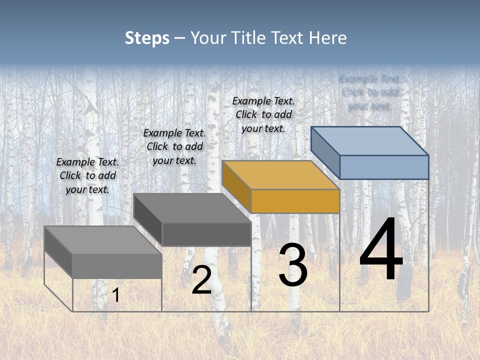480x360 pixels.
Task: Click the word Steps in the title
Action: [146, 38]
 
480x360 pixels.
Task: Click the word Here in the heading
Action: [327, 38]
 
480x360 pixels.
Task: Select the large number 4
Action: [381, 250]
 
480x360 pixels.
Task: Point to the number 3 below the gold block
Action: [292, 265]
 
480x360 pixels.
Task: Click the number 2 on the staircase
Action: [201, 280]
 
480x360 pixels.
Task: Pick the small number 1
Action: [115, 295]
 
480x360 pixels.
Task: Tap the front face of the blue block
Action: [384, 167]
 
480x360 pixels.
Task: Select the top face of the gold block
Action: [280, 175]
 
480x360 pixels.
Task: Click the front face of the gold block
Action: [295, 201]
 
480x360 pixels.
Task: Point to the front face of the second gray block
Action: [206, 234]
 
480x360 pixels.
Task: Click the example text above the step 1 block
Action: [87, 176]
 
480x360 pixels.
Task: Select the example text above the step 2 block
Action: [174, 147]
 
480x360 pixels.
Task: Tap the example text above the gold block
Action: [263, 115]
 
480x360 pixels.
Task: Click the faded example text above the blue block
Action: [369, 92]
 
